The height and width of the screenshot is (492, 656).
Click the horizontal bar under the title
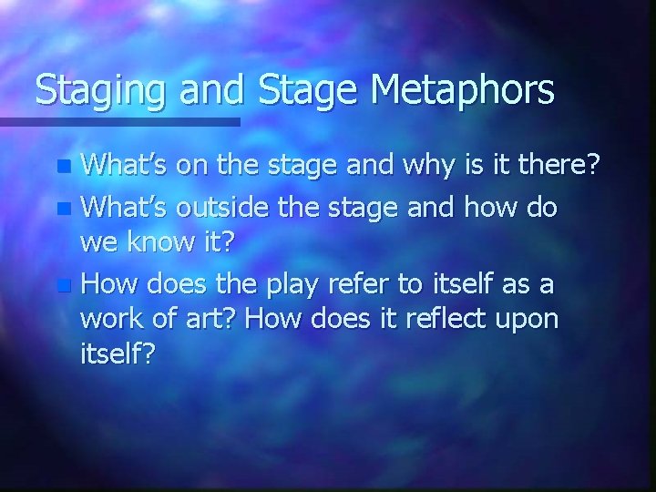coord(119,121)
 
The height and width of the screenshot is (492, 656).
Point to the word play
coord(292,285)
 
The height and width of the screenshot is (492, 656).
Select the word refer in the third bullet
coord(366,285)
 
